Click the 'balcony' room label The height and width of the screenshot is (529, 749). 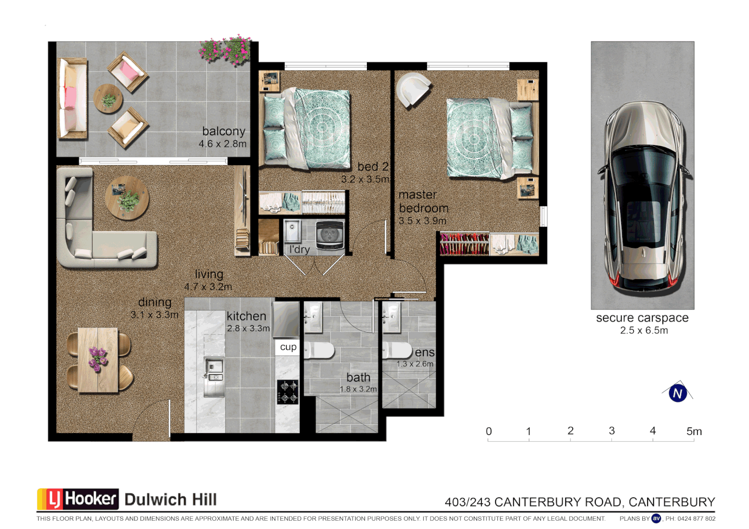click(223, 131)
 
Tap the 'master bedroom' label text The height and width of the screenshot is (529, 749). click(423, 202)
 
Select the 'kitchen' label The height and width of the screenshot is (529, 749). click(246, 316)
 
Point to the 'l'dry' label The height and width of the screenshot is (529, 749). click(299, 249)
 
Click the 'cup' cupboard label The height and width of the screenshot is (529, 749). click(288, 347)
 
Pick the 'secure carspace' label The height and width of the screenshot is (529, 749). click(642, 318)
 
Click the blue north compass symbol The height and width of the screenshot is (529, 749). click(677, 393)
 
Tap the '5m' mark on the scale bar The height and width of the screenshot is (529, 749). click(694, 432)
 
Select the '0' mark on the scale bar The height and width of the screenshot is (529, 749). click(488, 432)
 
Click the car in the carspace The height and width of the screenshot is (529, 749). click(643, 196)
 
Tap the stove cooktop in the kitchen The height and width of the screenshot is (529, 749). click(288, 392)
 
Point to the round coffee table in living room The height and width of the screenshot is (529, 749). click(127, 197)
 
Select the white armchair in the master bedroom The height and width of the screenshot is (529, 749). click(413, 88)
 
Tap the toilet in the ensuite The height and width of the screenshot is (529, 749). click(398, 350)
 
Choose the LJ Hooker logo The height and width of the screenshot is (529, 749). click(78, 499)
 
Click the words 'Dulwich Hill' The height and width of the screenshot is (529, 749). click(170, 500)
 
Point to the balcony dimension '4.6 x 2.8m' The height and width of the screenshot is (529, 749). click(222, 144)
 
